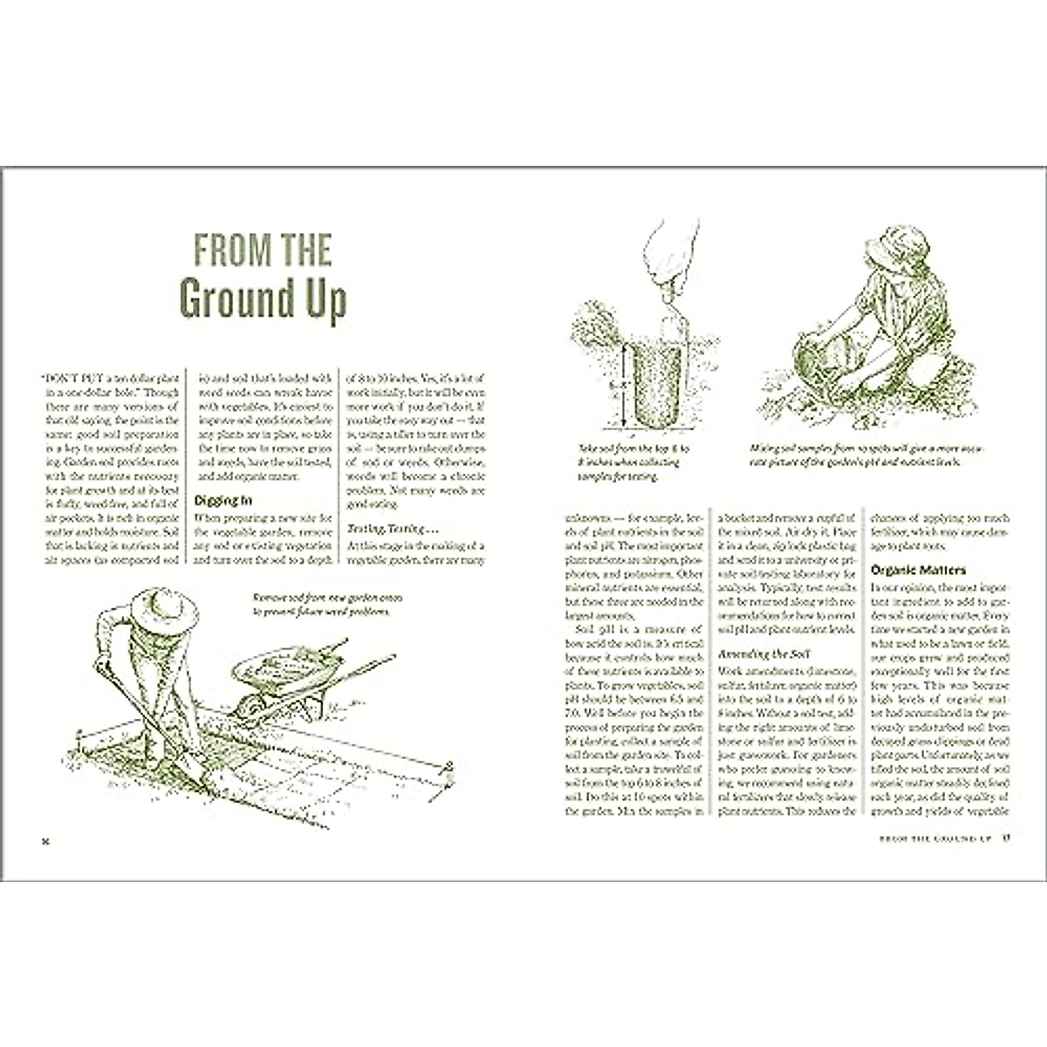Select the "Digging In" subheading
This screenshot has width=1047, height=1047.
222,501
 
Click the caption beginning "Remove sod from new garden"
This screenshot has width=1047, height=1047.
321,605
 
